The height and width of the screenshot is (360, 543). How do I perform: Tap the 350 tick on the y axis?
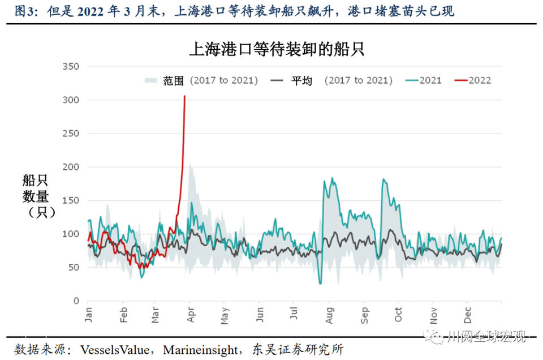[71, 67]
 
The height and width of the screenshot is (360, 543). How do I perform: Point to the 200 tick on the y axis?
[71, 168]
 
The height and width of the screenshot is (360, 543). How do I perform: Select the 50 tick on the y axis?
[74, 268]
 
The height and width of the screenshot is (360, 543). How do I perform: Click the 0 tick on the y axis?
[76, 301]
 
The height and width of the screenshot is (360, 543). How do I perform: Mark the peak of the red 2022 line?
[184, 96]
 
